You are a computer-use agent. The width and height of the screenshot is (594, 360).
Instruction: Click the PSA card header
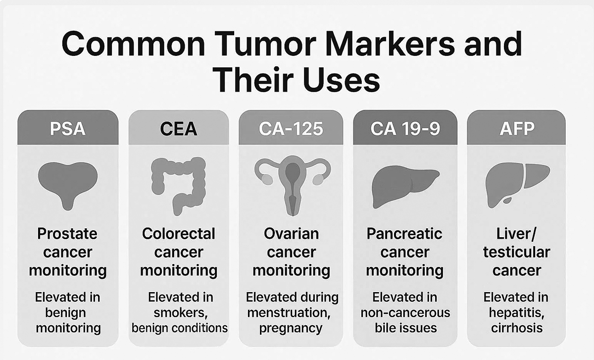(68, 127)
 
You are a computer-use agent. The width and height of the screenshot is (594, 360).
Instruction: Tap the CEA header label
(179, 129)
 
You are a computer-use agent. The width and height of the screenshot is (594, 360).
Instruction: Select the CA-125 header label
(291, 129)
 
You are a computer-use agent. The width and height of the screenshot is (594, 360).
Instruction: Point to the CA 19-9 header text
(405, 129)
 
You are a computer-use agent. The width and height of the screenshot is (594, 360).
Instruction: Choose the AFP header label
(517, 129)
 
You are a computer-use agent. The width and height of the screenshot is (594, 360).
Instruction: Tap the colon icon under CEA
(179, 186)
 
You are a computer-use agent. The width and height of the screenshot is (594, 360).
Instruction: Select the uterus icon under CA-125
(293, 186)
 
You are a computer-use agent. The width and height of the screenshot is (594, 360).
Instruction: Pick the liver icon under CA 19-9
(405, 187)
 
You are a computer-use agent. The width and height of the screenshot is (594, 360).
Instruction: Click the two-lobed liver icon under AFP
(518, 185)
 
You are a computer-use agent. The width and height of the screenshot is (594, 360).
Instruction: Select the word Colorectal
(179, 234)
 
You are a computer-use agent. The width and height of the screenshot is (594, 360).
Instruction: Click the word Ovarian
(291, 234)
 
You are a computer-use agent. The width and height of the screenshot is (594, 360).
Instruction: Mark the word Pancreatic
(404, 234)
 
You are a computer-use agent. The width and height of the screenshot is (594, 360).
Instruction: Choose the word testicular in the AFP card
(517, 252)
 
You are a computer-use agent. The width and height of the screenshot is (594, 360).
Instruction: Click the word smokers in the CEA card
(181, 313)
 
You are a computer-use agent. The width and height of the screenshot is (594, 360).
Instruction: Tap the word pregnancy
(291, 329)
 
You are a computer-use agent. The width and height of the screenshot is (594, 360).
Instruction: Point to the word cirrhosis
(517, 328)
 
